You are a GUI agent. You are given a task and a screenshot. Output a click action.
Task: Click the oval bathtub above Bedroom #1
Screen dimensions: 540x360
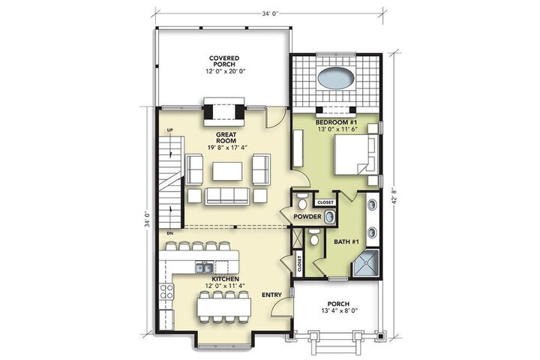[x=336, y=78]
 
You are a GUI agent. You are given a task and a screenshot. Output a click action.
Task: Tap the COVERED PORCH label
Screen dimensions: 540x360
[x=224, y=61]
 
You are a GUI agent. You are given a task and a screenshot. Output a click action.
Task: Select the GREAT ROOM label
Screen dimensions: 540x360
[x=226, y=137]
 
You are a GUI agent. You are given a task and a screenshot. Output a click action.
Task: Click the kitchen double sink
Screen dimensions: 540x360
[x=204, y=267]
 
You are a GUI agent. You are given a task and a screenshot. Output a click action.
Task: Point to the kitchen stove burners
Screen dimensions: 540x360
[x=166, y=292]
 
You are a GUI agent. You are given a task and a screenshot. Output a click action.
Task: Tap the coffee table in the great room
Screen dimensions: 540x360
[x=227, y=171]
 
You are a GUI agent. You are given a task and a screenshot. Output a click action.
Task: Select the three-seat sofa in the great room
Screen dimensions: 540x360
[x=227, y=196]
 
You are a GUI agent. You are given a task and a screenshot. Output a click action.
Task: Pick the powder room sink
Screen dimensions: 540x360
[x=329, y=217]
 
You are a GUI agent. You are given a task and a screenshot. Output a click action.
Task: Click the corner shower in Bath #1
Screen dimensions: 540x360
[x=365, y=263]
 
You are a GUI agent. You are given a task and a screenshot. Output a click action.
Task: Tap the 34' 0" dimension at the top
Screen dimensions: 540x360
[x=270, y=13]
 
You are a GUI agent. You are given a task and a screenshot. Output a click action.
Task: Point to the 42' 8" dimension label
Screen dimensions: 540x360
[x=394, y=196]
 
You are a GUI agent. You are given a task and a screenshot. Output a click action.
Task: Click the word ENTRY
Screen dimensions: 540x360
[x=271, y=295]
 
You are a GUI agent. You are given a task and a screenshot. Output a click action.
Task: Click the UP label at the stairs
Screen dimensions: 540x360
[x=169, y=130]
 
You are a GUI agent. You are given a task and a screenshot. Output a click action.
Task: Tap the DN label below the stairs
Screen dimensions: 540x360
[x=169, y=233]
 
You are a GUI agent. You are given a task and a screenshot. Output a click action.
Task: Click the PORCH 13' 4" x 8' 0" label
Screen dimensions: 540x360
[x=338, y=307]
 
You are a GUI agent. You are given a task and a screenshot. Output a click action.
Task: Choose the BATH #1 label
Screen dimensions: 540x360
[x=346, y=241]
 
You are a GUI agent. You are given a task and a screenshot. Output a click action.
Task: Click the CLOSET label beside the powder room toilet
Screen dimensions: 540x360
[x=325, y=202]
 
